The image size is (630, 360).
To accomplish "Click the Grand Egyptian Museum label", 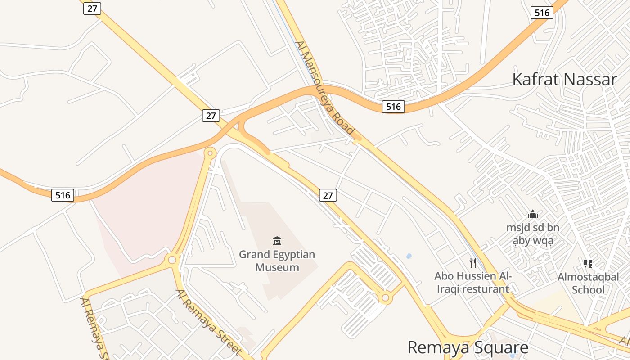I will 277,261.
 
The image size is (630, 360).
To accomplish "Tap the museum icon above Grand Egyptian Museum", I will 277,241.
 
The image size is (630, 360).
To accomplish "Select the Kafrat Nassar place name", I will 564,80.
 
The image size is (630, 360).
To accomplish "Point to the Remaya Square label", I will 468,348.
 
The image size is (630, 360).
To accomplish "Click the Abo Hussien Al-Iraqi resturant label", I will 472,282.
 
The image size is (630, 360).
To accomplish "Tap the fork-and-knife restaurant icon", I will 472,262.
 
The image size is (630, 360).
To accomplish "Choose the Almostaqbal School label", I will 588,283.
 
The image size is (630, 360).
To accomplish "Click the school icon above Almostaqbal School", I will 588,263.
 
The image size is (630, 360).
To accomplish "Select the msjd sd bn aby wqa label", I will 533,234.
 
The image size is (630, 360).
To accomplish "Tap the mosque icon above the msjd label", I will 533,214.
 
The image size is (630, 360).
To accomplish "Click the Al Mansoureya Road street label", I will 325,88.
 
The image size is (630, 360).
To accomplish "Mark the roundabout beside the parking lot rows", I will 385,297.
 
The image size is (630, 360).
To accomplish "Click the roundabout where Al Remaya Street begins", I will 172,260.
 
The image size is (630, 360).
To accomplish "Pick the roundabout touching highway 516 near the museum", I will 209,153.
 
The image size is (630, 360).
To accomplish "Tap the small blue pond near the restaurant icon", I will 409,256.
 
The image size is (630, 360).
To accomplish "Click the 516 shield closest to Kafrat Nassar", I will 542,13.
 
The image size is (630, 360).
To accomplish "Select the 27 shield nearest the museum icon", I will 328,195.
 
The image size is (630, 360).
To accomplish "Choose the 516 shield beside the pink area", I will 63,195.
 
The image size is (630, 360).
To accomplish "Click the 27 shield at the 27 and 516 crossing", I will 211,116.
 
